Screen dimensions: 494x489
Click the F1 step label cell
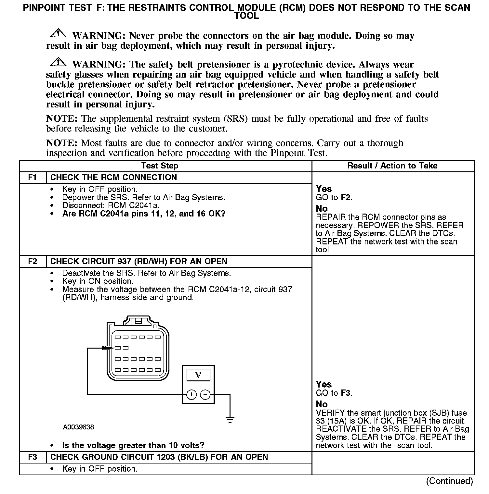click(x=33, y=178)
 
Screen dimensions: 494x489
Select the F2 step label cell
click(x=33, y=262)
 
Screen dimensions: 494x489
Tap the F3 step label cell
click(x=33, y=457)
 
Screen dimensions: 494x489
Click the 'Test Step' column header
click(x=160, y=166)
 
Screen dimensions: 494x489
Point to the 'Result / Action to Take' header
click(x=392, y=166)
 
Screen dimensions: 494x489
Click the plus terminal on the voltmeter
click(x=192, y=395)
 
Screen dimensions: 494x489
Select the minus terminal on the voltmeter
click(x=205, y=395)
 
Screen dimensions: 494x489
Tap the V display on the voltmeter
click(x=198, y=375)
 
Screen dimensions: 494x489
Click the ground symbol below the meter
click(x=230, y=420)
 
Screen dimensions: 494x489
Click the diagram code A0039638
click(x=78, y=427)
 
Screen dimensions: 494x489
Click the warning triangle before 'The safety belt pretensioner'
click(x=58, y=62)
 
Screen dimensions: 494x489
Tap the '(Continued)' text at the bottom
click(x=449, y=481)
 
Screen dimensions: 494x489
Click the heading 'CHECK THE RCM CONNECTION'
click(x=114, y=178)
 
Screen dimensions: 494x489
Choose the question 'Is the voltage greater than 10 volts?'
click(x=133, y=445)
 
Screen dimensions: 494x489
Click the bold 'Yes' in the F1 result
click(x=324, y=189)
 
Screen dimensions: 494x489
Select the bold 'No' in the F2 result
click(x=322, y=404)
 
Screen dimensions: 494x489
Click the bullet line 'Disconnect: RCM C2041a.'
click(x=111, y=205)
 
